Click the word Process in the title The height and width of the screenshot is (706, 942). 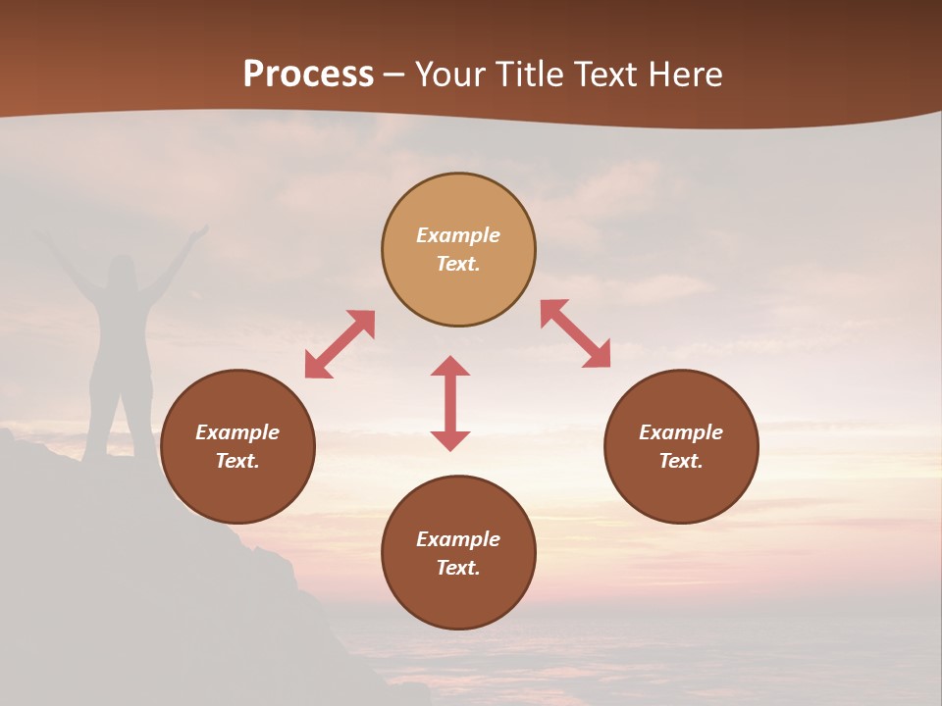308,75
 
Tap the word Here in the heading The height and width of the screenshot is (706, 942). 686,75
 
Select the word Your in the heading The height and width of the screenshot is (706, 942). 452,75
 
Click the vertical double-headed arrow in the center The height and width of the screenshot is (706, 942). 450,403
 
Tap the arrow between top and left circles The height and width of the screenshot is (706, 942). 340,344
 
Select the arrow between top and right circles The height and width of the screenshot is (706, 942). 576,333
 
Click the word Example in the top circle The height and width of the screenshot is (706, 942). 458,235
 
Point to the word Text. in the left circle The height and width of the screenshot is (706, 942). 237,461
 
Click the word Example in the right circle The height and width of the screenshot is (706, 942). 681,432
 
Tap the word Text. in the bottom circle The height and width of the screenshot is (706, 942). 458,568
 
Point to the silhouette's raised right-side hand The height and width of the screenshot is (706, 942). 199,232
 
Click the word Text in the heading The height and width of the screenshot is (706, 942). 607,75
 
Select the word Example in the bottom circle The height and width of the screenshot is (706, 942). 458,539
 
